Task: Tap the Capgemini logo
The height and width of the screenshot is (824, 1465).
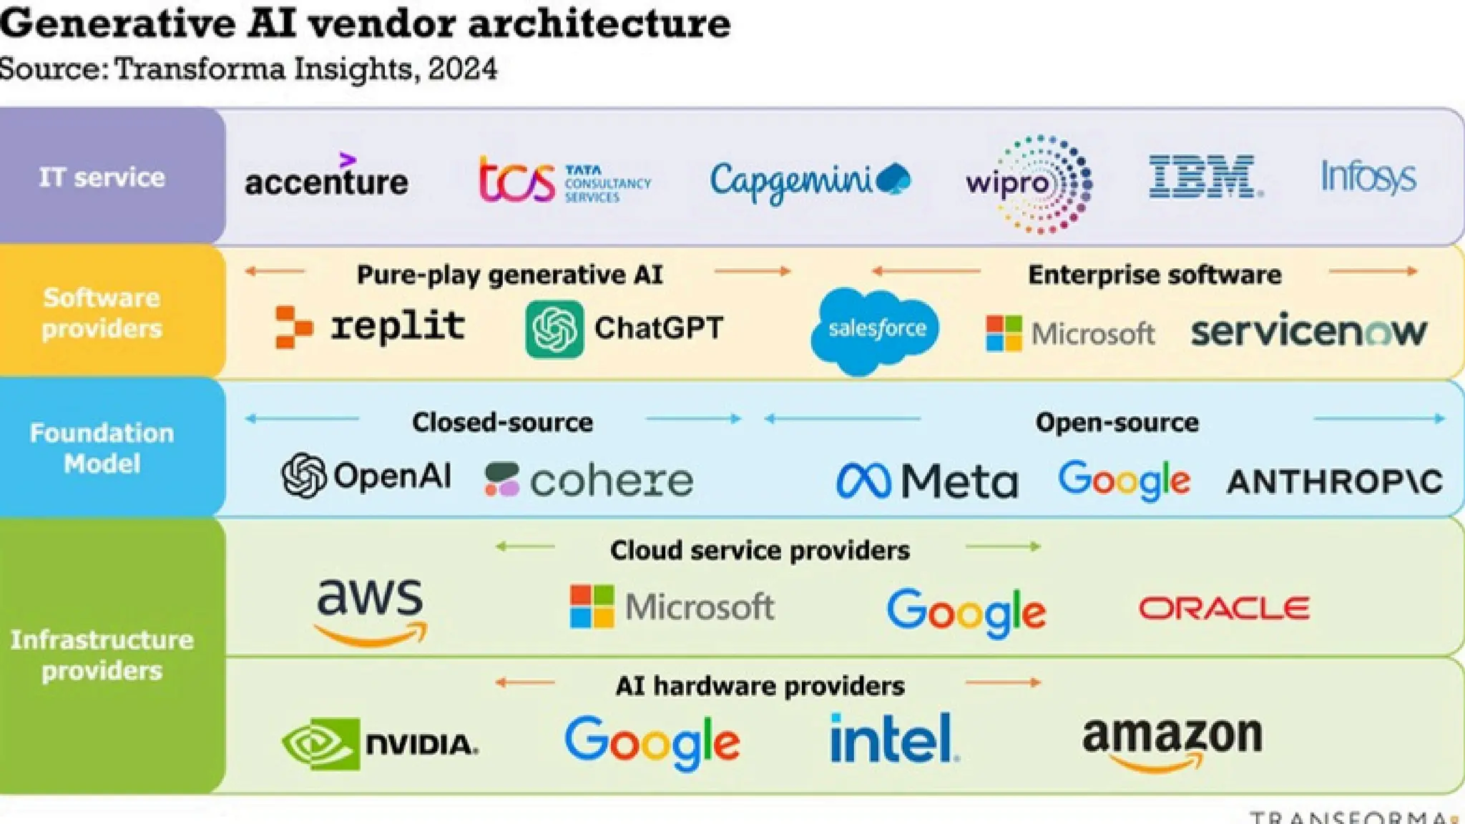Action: [x=809, y=180]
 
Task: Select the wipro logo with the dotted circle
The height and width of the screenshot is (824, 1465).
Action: [x=1030, y=184]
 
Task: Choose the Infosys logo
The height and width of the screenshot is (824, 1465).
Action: [x=1368, y=177]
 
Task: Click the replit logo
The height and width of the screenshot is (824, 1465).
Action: [x=370, y=328]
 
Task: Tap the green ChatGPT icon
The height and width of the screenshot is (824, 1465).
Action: [x=554, y=329]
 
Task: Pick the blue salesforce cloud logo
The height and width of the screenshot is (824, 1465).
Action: [x=876, y=330]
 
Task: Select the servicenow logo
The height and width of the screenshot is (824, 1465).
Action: [x=1308, y=332]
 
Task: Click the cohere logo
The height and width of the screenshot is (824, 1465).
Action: [x=589, y=480]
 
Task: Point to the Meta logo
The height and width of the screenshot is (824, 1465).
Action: [x=927, y=481]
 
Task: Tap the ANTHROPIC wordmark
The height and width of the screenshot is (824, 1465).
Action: [x=1334, y=481]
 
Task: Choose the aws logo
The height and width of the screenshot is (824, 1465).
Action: [x=370, y=610]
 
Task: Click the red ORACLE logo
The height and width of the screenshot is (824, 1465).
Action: [x=1224, y=609]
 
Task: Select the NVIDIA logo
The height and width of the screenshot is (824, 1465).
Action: [x=380, y=744]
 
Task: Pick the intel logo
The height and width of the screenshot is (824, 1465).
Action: [x=893, y=738]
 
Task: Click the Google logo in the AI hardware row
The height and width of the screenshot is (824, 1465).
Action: [x=652, y=742]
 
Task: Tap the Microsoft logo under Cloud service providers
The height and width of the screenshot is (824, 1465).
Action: [x=672, y=607]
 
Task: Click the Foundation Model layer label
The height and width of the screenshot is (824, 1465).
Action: [x=102, y=448]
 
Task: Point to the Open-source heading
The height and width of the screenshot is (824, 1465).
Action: [x=1117, y=422]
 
